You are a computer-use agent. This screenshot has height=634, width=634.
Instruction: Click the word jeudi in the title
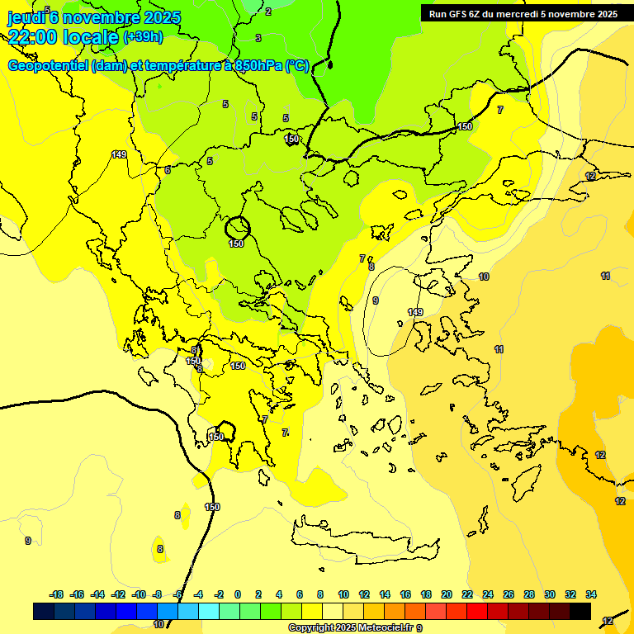coord(26,17)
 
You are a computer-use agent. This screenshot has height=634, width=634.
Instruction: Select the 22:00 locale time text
coord(63,37)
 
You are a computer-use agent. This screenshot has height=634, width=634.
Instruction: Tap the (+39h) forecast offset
coord(143,37)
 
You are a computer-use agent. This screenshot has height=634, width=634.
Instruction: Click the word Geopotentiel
coord(49,65)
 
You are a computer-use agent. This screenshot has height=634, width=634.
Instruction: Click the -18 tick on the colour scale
coord(56,594)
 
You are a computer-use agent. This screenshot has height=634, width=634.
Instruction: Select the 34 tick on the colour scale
coord(591,594)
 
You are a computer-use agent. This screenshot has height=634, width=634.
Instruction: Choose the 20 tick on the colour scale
coord(447,594)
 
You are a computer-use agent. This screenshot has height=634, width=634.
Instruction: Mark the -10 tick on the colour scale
coord(139,594)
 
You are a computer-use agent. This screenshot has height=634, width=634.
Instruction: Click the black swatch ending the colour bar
coord(580,611)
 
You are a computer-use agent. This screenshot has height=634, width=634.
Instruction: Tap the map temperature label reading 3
coord(258,38)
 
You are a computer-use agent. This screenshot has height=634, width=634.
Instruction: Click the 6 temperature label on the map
coord(168,170)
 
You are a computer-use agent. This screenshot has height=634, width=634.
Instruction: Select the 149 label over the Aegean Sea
coord(415,312)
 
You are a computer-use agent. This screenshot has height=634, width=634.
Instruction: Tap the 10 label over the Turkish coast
coord(484,277)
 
